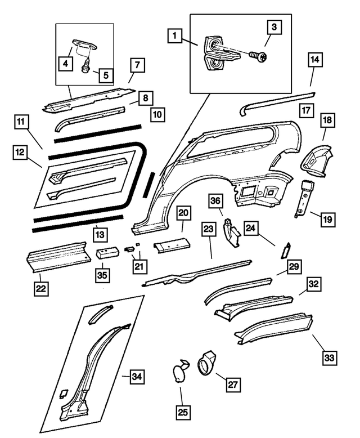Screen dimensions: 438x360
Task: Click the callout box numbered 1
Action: click(175, 38)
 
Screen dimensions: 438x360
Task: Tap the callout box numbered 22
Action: click(40, 288)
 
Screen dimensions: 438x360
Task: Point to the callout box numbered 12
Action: click(20, 151)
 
